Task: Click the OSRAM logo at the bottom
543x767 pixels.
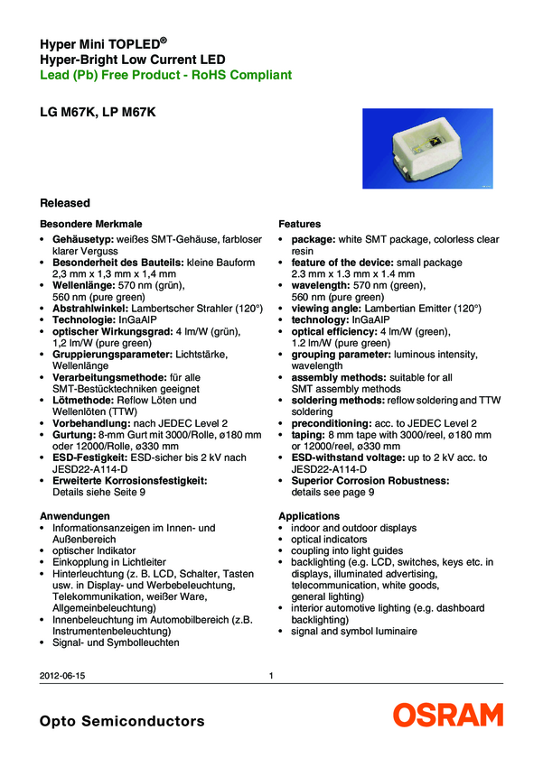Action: tap(447, 716)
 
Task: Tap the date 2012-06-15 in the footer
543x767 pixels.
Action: tap(64, 676)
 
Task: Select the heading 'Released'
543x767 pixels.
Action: tap(66, 203)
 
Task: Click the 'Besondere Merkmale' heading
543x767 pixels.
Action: tap(91, 223)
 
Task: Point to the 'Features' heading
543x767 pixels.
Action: tap(300, 223)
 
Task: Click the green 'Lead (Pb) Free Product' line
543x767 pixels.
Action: tap(165, 75)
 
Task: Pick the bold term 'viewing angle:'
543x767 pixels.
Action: tap(331, 308)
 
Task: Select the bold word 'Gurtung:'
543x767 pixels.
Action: tap(74, 435)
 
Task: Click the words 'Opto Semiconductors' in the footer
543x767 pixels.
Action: tap(122, 721)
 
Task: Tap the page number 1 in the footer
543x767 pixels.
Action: tap(272, 676)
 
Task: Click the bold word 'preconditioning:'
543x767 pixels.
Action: tap(332, 422)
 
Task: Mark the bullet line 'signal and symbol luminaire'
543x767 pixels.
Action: tap(354, 631)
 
